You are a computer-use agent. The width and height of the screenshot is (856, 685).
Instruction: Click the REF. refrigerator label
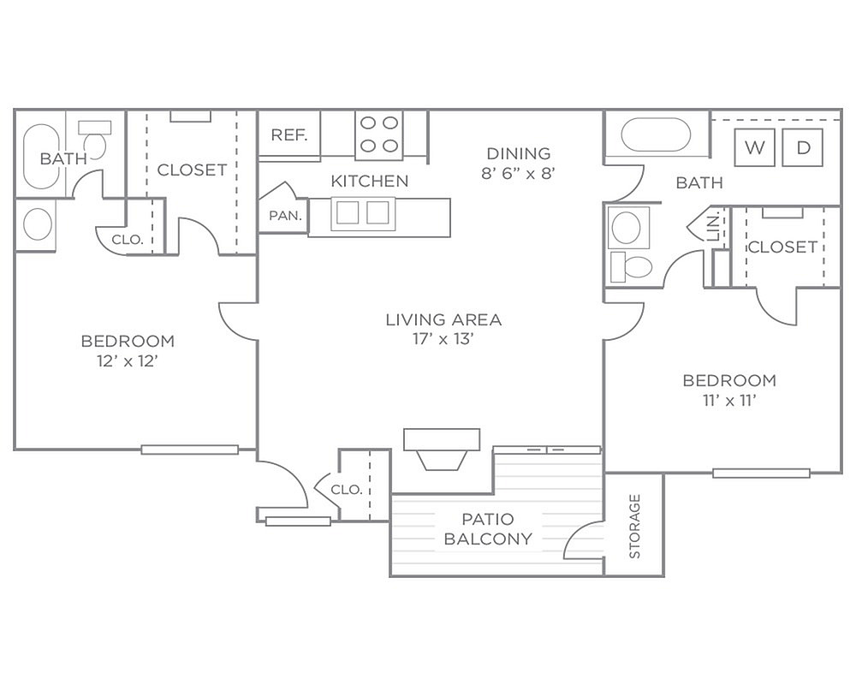click(289, 134)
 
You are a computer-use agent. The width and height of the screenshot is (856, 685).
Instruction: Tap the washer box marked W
click(754, 147)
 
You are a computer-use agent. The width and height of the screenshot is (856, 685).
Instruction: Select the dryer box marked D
click(803, 147)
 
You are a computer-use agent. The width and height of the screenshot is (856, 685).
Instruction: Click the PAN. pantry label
click(286, 216)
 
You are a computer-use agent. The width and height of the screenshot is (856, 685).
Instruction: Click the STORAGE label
click(634, 526)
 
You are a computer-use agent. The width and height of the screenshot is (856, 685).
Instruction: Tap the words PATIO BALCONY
click(488, 529)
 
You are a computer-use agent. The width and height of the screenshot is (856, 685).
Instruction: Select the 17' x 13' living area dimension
click(443, 339)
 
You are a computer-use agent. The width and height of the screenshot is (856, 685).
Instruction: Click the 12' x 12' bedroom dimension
click(128, 361)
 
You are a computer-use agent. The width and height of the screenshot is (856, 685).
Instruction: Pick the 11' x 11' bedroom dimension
click(729, 401)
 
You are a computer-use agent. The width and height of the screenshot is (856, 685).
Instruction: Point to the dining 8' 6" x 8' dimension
click(518, 173)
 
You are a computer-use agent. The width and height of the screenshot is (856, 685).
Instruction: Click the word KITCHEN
click(370, 181)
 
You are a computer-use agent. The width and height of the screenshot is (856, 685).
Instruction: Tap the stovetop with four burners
click(379, 135)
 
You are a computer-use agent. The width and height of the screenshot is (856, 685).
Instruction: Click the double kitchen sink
click(362, 213)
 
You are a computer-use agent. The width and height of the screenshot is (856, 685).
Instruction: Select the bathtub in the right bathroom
click(657, 134)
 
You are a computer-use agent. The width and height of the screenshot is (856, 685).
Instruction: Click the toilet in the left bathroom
click(94, 140)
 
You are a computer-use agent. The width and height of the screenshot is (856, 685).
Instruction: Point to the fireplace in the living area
click(442, 449)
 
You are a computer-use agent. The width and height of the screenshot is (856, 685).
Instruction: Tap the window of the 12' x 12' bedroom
click(190, 450)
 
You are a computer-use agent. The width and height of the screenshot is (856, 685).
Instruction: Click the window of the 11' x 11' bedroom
click(761, 473)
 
